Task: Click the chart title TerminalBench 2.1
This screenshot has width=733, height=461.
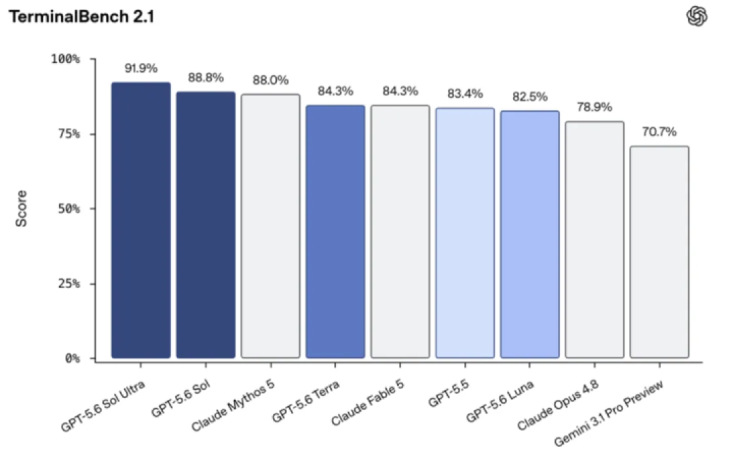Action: point(81,17)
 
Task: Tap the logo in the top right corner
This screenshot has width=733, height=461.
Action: point(696,16)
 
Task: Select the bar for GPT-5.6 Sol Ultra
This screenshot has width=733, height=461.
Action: point(140,220)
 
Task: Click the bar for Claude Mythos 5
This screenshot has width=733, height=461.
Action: point(270,226)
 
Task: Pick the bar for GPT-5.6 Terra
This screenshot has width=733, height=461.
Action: point(335,232)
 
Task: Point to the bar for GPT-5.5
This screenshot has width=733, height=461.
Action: point(465,233)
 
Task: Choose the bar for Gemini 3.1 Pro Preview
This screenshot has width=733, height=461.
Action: point(659,253)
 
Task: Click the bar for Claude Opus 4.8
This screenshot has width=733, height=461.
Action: point(594,240)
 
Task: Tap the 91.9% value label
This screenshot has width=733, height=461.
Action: point(140,68)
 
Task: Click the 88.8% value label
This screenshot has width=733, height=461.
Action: point(206,77)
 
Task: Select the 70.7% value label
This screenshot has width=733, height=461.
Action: point(659,132)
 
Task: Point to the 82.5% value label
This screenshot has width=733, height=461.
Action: point(529,97)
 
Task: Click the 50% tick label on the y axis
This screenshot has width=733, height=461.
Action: point(69,209)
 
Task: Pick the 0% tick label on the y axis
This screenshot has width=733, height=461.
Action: point(73,359)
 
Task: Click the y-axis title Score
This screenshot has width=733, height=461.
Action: point(22,208)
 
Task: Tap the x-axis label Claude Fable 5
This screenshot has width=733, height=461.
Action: point(367,403)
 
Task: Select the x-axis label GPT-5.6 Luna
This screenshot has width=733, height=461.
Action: point(500,401)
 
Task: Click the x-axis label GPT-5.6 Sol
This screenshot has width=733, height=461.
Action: point(181,399)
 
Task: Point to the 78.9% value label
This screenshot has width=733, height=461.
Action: point(594,107)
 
